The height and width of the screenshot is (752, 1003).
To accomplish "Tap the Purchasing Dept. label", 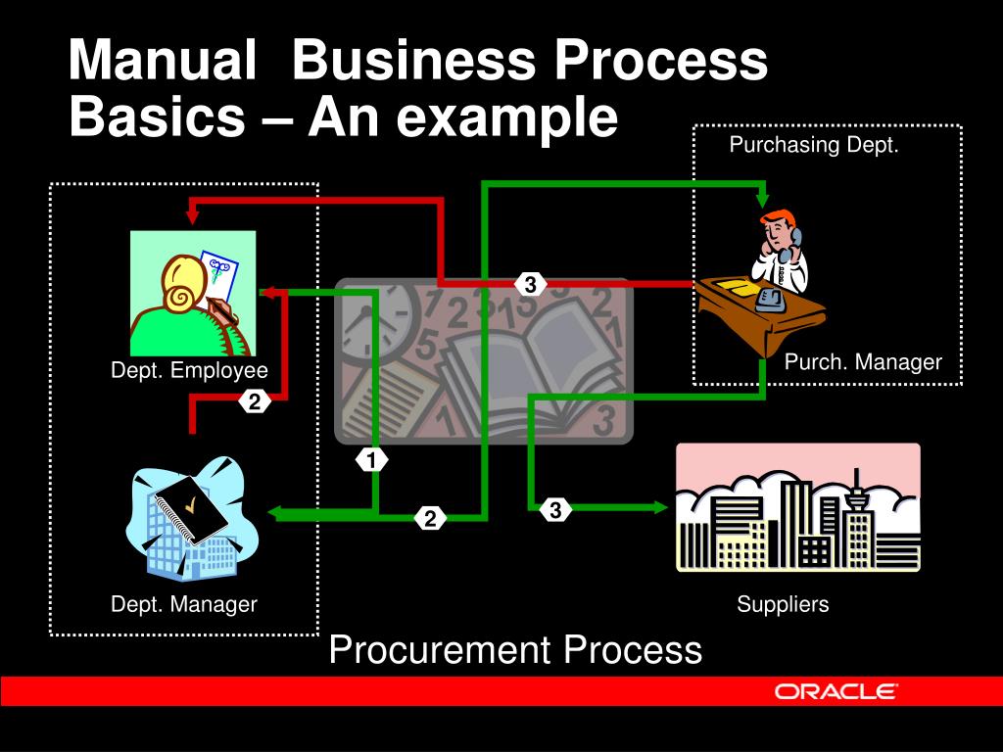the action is (x=813, y=146).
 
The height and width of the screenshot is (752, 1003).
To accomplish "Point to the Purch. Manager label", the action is (x=863, y=362).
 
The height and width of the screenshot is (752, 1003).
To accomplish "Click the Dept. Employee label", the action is (x=189, y=370).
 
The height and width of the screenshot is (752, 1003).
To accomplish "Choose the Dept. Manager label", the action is (x=183, y=604).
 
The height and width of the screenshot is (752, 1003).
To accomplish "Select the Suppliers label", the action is (x=783, y=604).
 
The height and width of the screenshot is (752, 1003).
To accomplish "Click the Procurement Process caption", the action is (x=515, y=650).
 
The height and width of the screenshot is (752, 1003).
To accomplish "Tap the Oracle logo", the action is (x=835, y=691).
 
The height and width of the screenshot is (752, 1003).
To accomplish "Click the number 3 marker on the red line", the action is (x=530, y=285).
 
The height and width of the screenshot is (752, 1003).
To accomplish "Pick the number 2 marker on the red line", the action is (x=254, y=401).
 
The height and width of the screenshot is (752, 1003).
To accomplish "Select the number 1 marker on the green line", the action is (x=371, y=458).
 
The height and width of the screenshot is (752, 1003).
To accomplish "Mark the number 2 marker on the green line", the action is (x=430, y=519).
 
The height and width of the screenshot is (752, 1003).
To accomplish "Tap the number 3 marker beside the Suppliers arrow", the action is (x=554, y=510).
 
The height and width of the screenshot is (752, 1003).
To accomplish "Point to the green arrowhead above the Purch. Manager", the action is (x=763, y=199).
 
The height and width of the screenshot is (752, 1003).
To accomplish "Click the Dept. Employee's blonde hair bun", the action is (x=181, y=295).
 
